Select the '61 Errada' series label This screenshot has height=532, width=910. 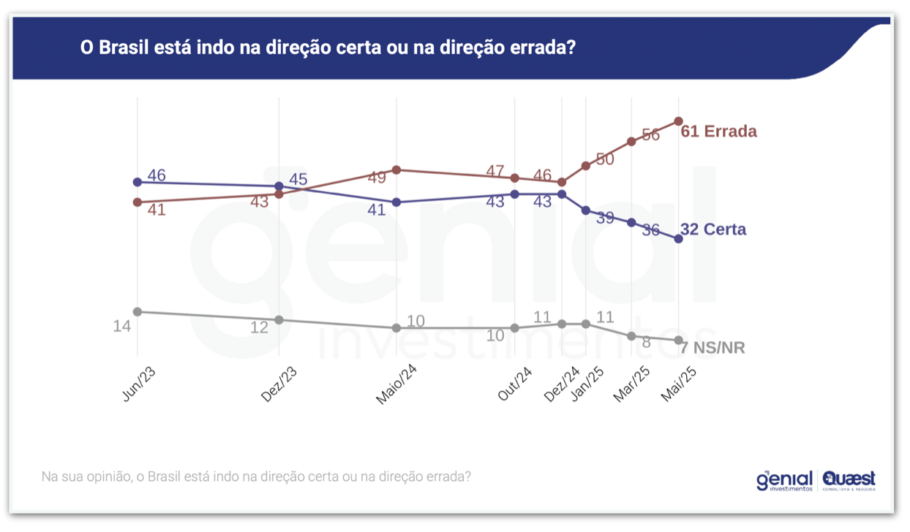tap(718, 132)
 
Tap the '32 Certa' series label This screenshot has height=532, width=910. tap(713, 229)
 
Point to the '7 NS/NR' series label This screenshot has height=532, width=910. tap(712, 348)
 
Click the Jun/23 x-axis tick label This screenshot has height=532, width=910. tap(139, 384)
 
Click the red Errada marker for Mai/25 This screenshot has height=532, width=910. tap(679, 121)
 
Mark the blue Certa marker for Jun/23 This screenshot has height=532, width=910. tap(137, 182)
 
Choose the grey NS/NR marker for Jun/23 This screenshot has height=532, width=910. tap(137, 311)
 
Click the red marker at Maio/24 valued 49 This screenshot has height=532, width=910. tap(396, 170)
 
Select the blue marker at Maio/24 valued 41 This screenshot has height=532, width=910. tap(396, 202)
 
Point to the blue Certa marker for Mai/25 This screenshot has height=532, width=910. tap(679, 239)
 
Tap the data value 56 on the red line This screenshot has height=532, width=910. tap(650, 135)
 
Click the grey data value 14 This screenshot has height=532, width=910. tap(121, 327)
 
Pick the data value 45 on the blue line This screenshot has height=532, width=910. tap(298, 179)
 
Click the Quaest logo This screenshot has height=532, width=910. tap(849, 480)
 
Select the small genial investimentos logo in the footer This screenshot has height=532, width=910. tap(783, 480)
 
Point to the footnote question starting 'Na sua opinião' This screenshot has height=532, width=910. tap(256, 476)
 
